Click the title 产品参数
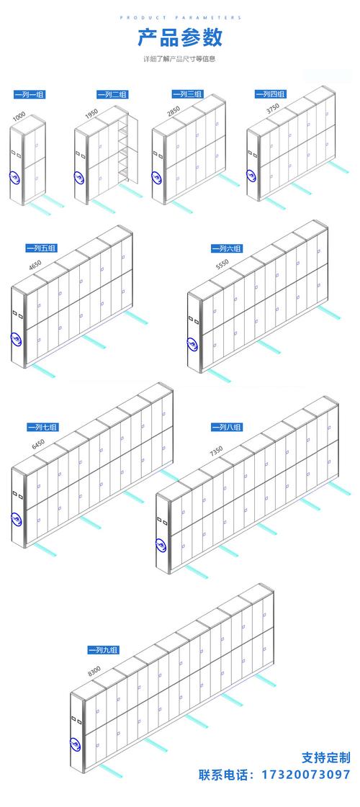tap(180, 37)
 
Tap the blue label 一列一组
tap(30, 94)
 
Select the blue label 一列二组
tap(112, 94)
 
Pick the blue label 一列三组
tap(187, 94)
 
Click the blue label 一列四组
tap(271, 94)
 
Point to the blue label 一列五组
tap(42, 248)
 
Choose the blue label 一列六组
tap(227, 248)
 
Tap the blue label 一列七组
tap(42, 427)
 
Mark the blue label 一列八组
tap(227, 427)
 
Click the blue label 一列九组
tap(103, 650)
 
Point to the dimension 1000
tap(19, 117)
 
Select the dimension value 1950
tap(91, 114)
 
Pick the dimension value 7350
tap(216, 451)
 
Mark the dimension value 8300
tap(94, 671)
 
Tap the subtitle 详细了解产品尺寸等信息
tap(179, 59)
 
